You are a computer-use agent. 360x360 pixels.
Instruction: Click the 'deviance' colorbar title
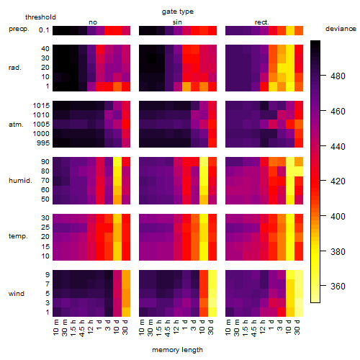tap(341, 29)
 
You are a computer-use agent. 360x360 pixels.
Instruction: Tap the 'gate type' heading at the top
tap(178, 12)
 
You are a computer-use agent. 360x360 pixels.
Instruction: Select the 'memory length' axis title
tap(178, 350)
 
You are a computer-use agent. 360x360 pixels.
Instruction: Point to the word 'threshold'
tap(40, 17)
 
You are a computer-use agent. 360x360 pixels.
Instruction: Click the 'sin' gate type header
tap(177, 22)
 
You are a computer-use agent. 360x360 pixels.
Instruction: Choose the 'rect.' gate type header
tap(262, 22)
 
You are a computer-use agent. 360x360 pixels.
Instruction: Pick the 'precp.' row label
tap(19, 29)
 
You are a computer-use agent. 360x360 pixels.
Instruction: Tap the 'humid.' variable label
tap(20, 181)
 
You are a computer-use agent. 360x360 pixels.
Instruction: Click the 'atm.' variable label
tap(16, 125)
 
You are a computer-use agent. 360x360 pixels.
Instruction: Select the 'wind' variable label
tap(17, 294)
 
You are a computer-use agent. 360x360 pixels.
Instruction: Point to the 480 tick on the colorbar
tap(338, 76)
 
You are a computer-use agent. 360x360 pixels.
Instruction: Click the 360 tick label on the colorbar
tap(338, 286)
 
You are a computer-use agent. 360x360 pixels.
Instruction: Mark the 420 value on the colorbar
tap(338, 181)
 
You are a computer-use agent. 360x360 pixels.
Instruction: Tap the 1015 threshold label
tap(41, 106)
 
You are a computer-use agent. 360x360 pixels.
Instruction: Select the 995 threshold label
tap(43, 143)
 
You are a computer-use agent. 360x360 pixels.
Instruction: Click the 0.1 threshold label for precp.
tap(44, 30)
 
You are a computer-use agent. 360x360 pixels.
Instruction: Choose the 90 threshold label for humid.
tap(45, 162)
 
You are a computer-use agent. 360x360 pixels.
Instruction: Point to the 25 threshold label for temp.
tap(45, 228)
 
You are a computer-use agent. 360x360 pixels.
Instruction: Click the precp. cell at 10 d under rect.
tap(290, 30)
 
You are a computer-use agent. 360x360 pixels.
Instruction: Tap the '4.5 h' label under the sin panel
tap(168, 328)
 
